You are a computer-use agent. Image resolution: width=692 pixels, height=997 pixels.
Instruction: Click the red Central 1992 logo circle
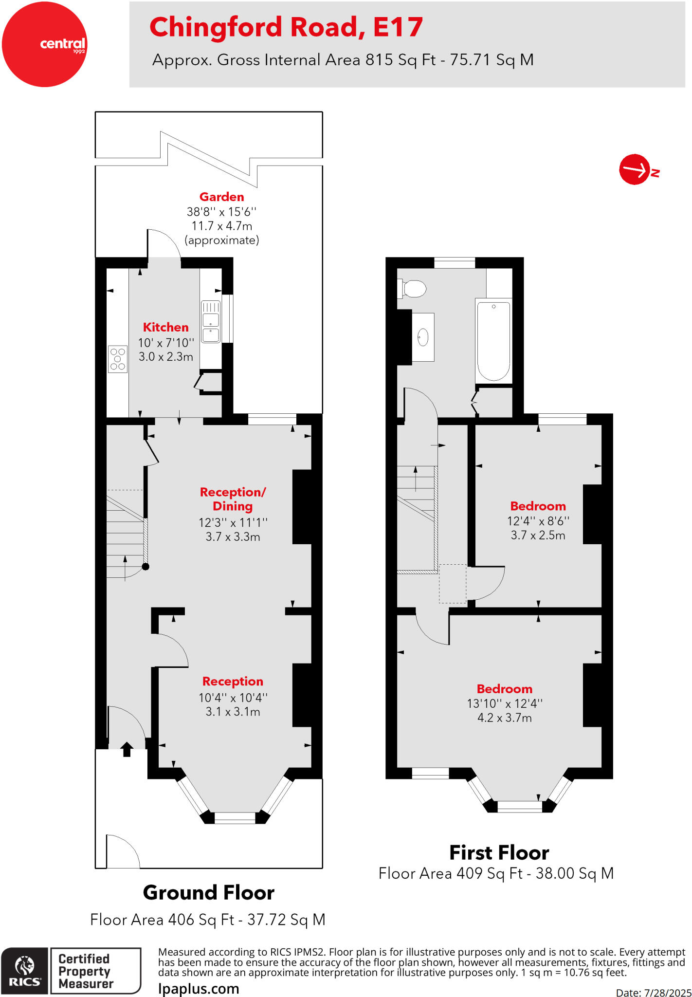(x=44, y=44)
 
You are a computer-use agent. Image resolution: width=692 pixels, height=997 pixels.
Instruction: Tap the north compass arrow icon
(x=635, y=170)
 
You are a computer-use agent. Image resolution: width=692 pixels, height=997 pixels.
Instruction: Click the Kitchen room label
(x=165, y=327)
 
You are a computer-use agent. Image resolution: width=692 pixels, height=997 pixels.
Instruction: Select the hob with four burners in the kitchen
(x=118, y=359)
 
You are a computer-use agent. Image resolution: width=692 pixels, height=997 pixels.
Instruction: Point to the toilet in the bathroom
(x=412, y=288)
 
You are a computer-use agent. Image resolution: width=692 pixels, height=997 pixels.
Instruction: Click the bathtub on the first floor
(x=493, y=341)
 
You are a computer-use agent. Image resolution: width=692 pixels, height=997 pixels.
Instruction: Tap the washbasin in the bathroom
(x=423, y=337)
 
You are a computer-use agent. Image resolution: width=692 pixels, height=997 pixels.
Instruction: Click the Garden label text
(x=221, y=197)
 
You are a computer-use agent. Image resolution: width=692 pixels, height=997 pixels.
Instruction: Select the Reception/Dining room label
(x=233, y=499)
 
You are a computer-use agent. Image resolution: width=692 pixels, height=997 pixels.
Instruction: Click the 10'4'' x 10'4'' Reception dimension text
(x=233, y=698)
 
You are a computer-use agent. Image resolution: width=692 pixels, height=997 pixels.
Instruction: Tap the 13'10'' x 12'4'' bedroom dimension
(x=504, y=703)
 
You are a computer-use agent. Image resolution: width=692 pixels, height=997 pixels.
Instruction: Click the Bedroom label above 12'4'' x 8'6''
(x=538, y=506)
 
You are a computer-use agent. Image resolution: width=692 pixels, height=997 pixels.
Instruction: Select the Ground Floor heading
(x=208, y=893)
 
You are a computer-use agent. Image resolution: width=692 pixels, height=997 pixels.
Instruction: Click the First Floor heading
(x=499, y=853)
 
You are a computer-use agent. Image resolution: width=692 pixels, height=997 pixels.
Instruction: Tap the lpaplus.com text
(x=199, y=989)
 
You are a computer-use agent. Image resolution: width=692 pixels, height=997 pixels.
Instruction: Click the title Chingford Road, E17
(x=286, y=27)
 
